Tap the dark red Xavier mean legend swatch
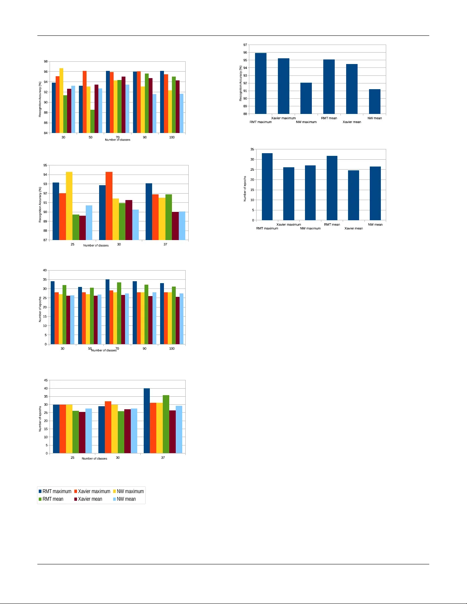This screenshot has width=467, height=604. click(75, 499)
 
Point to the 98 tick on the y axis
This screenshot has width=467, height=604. click(46, 61)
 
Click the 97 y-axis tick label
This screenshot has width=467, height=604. click(245, 45)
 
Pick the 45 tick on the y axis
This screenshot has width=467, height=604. click(46, 380)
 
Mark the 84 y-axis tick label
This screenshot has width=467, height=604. click(46, 133)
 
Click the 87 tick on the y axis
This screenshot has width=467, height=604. click(45, 240)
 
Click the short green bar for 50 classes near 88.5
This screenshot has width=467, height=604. click(92, 121)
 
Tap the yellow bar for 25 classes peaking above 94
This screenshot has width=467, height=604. click(69, 206)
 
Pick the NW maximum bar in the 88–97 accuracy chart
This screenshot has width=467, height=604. click(306, 98)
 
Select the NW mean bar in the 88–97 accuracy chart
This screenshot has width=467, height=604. click(374, 101)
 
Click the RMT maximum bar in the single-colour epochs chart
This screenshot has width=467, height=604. click(267, 187)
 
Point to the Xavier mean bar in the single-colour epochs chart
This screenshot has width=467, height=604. click(353, 195)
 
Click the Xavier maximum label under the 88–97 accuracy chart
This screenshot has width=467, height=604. click(283, 118)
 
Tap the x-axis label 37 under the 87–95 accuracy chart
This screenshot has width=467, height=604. click(165, 244)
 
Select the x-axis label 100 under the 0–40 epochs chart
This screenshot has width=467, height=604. click(172, 348)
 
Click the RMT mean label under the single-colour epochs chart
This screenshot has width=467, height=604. click(332, 224)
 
